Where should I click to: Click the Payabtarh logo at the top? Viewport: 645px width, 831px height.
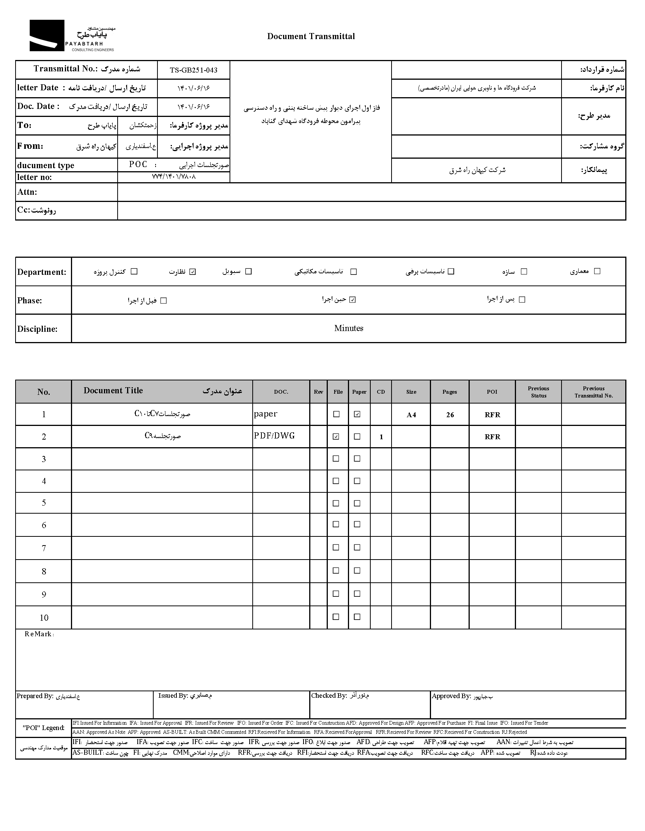(72, 36)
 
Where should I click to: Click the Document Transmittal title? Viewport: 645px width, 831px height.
(311, 36)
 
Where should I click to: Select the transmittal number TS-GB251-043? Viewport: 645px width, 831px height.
(193, 70)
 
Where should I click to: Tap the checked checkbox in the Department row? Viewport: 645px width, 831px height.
(193, 272)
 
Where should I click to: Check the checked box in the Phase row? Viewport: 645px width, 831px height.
(352, 300)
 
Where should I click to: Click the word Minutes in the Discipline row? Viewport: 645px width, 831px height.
(349, 328)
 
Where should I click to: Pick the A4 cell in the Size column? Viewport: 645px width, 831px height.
(411, 415)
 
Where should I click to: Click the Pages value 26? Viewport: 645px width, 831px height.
(450, 415)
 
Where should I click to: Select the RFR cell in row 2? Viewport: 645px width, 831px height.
(492, 437)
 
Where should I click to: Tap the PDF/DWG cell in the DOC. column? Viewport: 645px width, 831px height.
(274, 436)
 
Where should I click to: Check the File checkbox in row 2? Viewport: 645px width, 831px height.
(336, 437)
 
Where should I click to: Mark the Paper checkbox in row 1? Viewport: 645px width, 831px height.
(357, 415)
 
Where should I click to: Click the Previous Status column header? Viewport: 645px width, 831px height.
(538, 392)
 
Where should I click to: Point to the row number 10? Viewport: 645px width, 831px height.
(44, 618)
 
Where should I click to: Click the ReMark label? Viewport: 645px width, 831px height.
(39, 634)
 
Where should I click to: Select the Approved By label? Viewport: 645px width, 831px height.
(451, 696)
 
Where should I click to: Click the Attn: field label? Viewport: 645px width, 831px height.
(27, 192)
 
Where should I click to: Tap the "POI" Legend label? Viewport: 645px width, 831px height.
(43, 728)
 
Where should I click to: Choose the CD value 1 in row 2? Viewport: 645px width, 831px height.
(381, 437)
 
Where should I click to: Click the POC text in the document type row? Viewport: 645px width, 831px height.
(138, 164)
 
